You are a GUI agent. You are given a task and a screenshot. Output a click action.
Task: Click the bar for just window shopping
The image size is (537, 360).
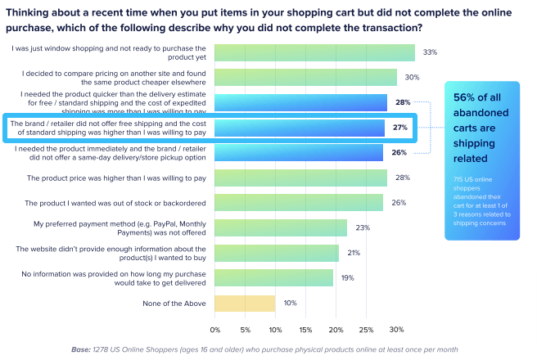pos(315,52)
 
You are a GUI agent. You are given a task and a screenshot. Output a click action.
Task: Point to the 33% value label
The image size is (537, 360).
pos(430,52)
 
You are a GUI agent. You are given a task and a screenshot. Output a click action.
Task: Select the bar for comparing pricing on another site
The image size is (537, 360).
pos(306,77)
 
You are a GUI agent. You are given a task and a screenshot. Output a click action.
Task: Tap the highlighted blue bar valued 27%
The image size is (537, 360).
pos(300,128)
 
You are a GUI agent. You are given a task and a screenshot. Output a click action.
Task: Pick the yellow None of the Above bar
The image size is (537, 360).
pos(246,304)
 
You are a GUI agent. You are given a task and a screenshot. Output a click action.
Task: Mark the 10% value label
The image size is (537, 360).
pos(291,304)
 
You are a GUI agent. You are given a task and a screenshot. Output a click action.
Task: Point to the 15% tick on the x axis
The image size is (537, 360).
pos(306,331)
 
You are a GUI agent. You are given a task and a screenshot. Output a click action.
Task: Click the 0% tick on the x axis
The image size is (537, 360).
pos(216,331)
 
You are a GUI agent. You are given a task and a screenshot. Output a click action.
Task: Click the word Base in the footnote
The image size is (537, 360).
pos(82,349)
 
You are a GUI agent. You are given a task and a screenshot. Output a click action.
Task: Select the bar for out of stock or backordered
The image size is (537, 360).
pos(300,203)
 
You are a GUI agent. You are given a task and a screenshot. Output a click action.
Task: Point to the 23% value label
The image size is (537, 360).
pos(363,228)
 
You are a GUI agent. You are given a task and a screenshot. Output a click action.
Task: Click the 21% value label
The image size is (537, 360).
pos(354,254)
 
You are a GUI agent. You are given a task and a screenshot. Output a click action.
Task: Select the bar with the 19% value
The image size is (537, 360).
pos(274,279)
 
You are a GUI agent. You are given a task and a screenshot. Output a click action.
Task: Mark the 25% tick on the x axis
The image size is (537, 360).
pos(366,331)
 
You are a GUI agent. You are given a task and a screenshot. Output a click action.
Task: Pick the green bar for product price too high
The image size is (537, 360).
pos(301,178)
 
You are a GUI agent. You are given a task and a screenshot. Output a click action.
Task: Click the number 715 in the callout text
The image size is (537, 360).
pos(458,178)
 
